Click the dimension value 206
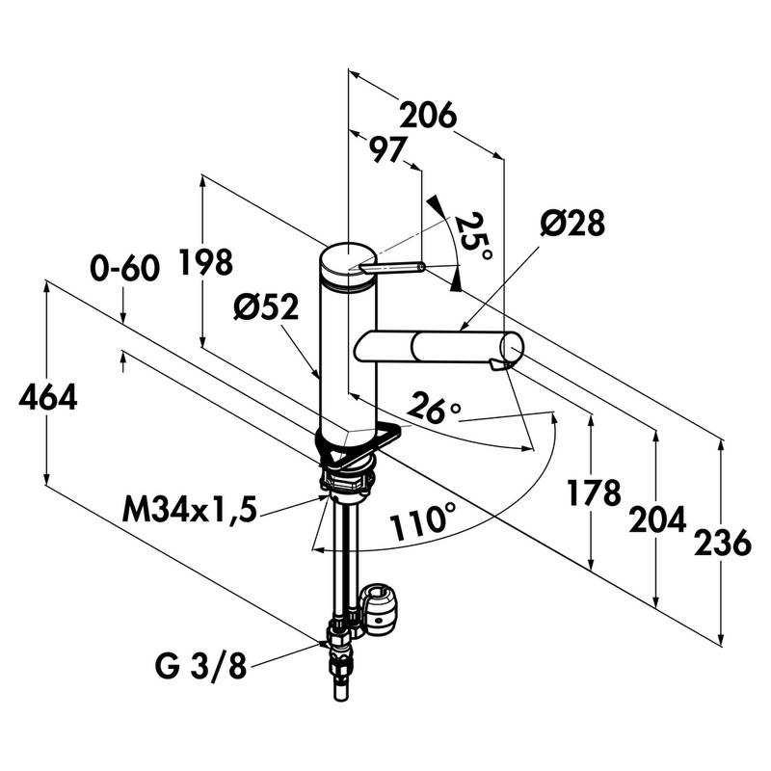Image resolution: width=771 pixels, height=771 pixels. pyautogui.click(x=428, y=116)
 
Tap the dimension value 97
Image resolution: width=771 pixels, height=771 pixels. pyautogui.click(x=385, y=148)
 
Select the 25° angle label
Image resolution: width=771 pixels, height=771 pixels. pyautogui.click(x=474, y=236)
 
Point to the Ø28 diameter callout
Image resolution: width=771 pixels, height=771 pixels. pyautogui.click(x=572, y=224)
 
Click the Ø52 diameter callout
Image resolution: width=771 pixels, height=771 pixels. pyautogui.click(x=266, y=307)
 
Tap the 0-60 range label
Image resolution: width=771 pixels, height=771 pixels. pyautogui.click(x=124, y=269)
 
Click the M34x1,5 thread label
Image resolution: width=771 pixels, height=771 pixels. pyautogui.click(x=190, y=508)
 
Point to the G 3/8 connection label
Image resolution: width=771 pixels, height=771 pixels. pyautogui.click(x=199, y=665)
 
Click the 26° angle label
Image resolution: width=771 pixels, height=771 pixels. pyautogui.click(x=434, y=411)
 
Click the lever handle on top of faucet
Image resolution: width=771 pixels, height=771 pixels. pyautogui.click(x=394, y=267)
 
